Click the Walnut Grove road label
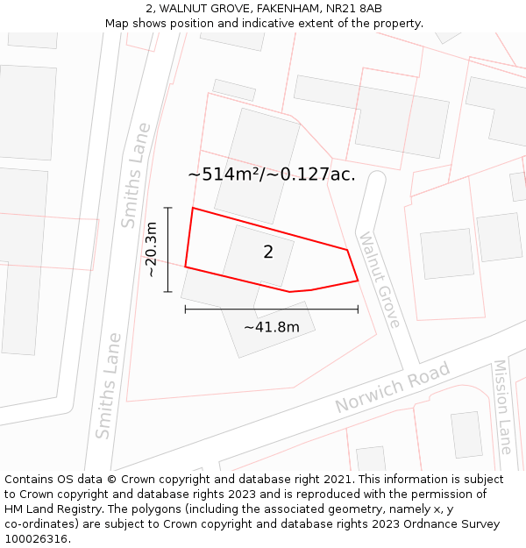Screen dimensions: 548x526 click(x=380, y=280)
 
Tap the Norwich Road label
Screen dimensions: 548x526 click(x=392, y=388)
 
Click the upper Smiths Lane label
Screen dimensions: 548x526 click(x=136, y=175)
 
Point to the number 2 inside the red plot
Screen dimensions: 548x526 click(x=268, y=253)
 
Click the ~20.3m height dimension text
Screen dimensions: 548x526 click(x=151, y=250)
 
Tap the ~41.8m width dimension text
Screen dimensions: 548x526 click(x=272, y=327)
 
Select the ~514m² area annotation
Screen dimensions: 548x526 click(x=272, y=174)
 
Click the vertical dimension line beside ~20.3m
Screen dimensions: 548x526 click(x=168, y=250)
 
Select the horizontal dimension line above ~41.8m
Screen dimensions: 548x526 click(x=272, y=309)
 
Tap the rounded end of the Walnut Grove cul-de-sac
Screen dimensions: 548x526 click(x=376, y=179)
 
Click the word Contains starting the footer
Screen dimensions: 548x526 click(x=30, y=480)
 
